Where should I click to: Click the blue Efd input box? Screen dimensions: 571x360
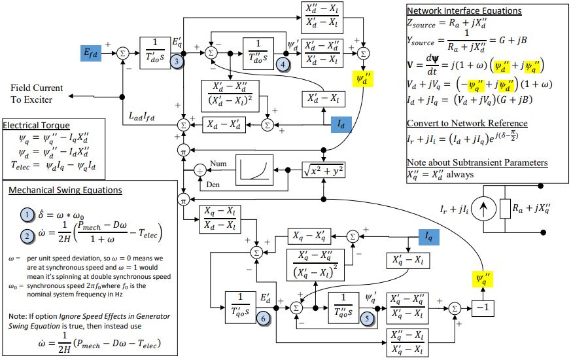click(91, 53)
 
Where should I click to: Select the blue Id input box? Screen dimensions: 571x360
click(341, 124)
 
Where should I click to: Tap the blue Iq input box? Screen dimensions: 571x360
click(428, 237)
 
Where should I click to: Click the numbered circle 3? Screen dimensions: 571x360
click(177, 61)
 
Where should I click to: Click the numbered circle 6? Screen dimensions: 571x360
click(264, 319)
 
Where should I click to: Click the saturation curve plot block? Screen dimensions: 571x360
click(254, 170)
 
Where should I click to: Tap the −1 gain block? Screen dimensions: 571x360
click(483, 308)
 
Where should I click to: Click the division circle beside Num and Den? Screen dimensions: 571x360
click(199, 171)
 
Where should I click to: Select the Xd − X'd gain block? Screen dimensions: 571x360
click(224, 125)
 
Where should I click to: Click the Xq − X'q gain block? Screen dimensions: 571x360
click(309, 236)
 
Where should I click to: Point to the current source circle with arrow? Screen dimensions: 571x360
click(483, 209)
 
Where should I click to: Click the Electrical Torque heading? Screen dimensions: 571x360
click(36, 125)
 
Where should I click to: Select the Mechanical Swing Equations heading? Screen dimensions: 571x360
click(65, 190)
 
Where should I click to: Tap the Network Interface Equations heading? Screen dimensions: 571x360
click(464, 10)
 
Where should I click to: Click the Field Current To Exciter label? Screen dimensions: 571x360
click(37, 94)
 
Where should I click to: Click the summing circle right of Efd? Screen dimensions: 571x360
click(123, 54)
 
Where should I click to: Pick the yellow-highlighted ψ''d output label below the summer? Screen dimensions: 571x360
click(363, 79)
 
